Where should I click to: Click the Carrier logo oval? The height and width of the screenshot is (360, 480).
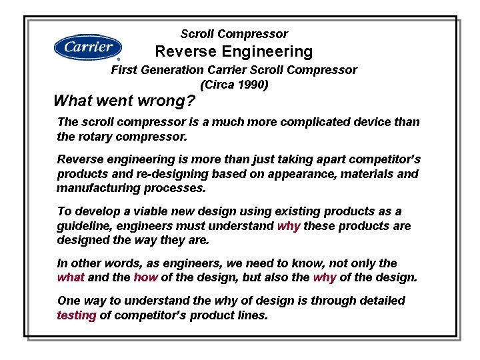tap(88, 47)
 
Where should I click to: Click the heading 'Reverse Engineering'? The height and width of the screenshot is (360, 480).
tap(234, 51)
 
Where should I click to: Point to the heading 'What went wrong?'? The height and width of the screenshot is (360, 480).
tap(124, 101)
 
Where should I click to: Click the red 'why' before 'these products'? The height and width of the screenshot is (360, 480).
tap(289, 226)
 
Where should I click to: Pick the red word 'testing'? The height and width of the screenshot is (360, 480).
tap(77, 315)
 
